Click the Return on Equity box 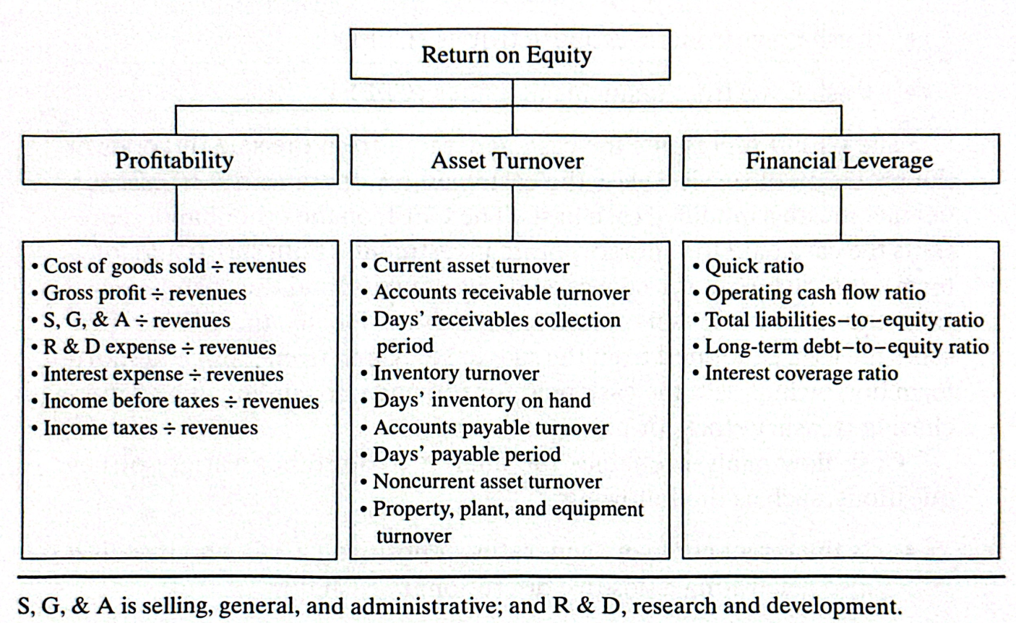coord(510,54)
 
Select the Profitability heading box coord(180,160)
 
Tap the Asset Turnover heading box coord(510,160)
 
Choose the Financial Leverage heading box coord(841,160)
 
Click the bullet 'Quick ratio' coord(749,267)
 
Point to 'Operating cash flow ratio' coord(809,293)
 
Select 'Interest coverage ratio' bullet coord(796,374)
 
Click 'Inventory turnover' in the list coord(450,374)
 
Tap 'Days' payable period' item coord(461,455)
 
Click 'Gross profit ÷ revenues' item coord(139,293)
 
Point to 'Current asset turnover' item coord(465,267)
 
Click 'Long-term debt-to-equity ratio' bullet coord(841,347)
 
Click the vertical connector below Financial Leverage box coord(841,212)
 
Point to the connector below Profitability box coord(176,212)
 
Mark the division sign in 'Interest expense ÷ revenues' coord(195,375)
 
